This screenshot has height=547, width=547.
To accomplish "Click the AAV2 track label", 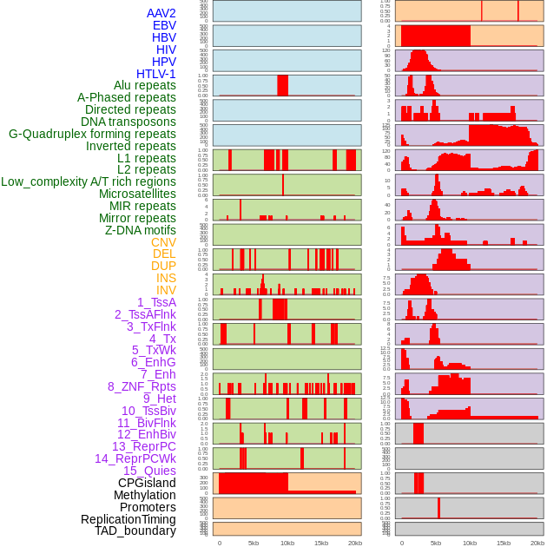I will click(161, 13).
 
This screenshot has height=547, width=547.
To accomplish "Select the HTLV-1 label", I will click(155, 74).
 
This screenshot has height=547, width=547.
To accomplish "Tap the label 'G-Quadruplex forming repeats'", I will click(92, 134).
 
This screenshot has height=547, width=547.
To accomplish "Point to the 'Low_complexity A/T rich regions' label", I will click(89, 181).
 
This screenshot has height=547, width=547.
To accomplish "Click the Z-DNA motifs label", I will click(140, 230).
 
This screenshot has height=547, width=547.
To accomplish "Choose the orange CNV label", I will click(163, 242).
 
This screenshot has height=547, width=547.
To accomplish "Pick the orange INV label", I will click(166, 290).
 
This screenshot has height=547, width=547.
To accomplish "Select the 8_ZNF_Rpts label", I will click(142, 386).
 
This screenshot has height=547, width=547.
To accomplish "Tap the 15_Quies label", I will click(149, 471).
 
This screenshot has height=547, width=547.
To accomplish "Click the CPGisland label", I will click(147, 483).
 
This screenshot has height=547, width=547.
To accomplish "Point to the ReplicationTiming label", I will click(129, 519).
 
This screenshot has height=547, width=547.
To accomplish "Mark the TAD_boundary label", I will click(135, 531).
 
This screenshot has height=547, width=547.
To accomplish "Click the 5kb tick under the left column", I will click(254, 543).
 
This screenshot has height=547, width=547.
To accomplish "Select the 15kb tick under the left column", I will click(321, 543).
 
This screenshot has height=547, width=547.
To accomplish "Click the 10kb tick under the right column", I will click(470, 543).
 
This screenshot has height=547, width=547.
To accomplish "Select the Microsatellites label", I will click(137, 194).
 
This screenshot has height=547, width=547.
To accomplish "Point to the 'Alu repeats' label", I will click(145, 85).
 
